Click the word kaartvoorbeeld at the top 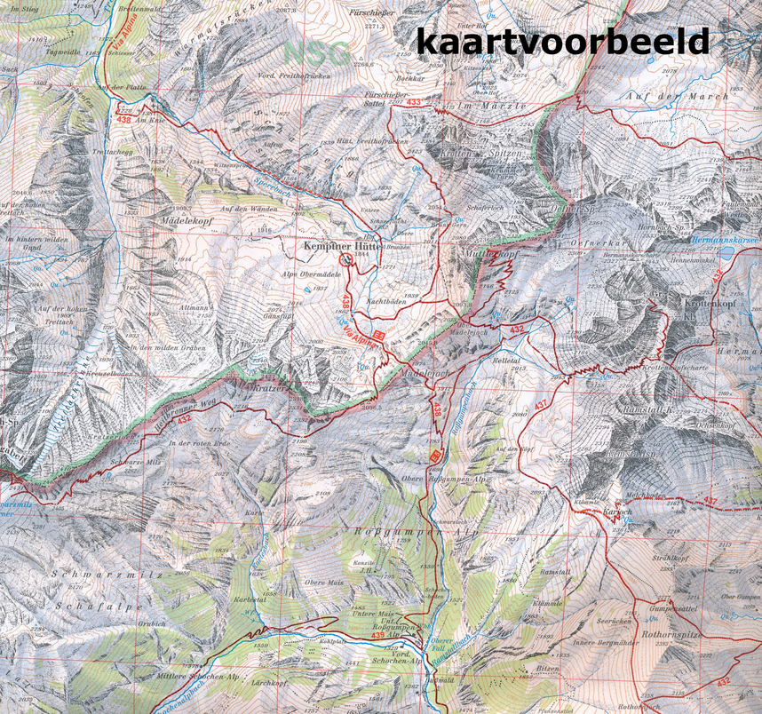coord(562,41)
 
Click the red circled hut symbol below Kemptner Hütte coord(345,259)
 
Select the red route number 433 coord(413,104)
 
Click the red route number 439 coord(379,634)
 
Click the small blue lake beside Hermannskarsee coord(728,252)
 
